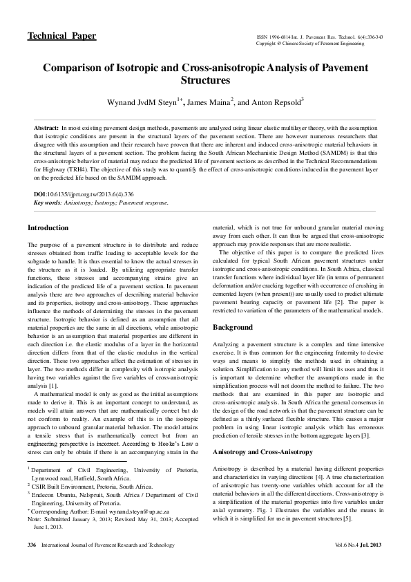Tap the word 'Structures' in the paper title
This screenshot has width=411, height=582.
pos(205,80)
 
